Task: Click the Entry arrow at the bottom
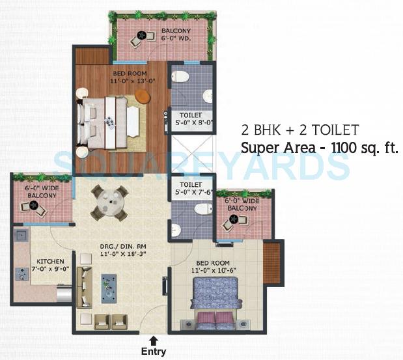[x=153, y=340]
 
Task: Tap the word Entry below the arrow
[x=154, y=352]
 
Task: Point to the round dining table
[x=109, y=202]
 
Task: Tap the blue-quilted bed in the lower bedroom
[x=217, y=295]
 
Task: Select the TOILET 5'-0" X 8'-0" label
[x=191, y=119]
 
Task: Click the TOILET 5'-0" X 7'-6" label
[x=191, y=188]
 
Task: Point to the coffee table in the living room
[x=109, y=287]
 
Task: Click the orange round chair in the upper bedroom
[x=143, y=96]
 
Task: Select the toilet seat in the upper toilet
[x=180, y=77]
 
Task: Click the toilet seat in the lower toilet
[x=202, y=209]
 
